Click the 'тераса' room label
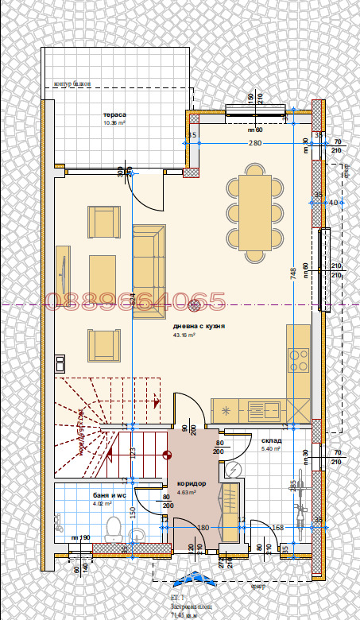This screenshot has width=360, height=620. [x=114, y=115]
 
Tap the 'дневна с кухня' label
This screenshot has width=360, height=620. [x=199, y=326]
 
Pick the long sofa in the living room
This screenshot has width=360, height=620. [x=149, y=271]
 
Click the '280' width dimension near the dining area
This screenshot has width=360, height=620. [x=254, y=143]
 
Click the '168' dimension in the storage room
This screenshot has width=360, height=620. [x=278, y=527]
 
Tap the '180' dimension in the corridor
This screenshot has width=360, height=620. [x=202, y=527]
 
